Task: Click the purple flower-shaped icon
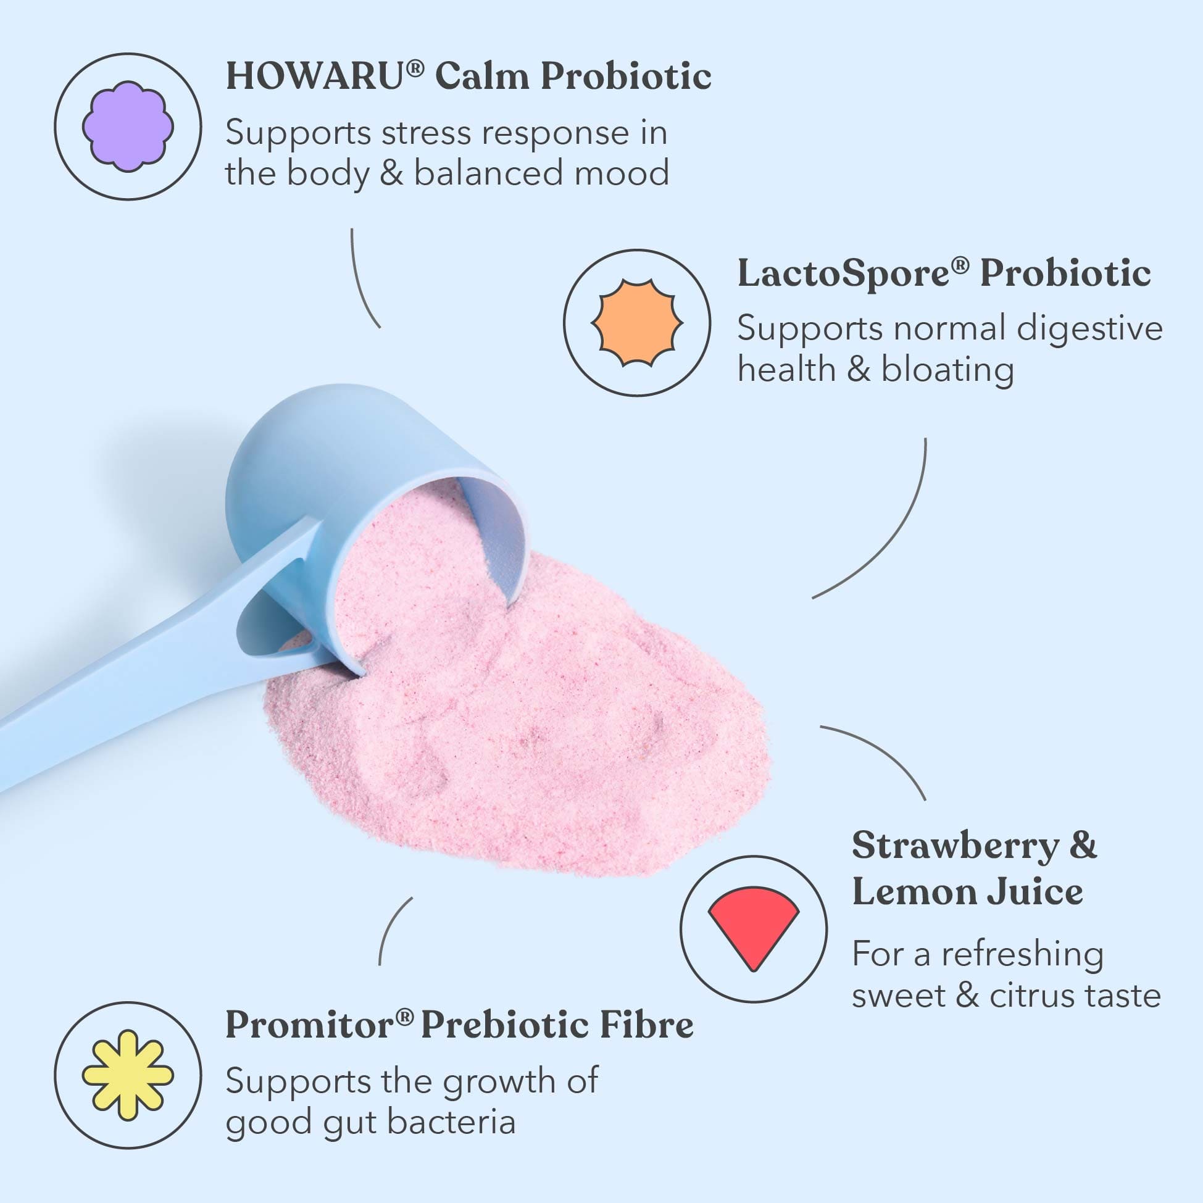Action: (x=128, y=127)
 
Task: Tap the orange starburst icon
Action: (x=637, y=323)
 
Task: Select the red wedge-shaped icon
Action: (x=754, y=929)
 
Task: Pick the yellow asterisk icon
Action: (x=128, y=1075)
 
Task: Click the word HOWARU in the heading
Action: (x=315, y=77)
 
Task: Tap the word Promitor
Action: (x=310, y=1025)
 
